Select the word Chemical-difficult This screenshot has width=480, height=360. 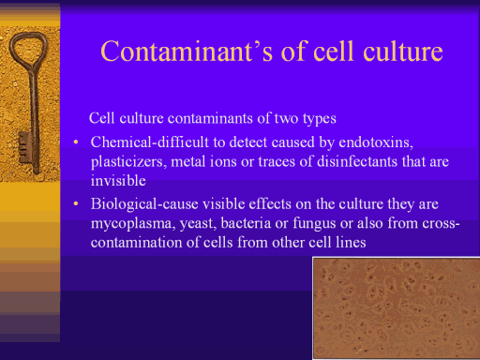(x=150, y=142)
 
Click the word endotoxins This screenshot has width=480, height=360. (x=376, y=142)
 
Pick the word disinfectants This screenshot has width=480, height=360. (x=357, y=161)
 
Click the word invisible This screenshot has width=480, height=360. (x=118, y=181)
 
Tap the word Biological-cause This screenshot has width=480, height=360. (x=144, y=204)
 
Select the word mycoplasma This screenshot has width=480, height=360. (x=133, y=224)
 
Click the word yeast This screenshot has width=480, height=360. (x=198, y=224)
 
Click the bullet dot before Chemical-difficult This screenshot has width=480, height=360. (x=76, y=142)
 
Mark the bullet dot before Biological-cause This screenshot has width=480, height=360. (x=76, y=204)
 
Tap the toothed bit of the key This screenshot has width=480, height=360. (x=24, y=147)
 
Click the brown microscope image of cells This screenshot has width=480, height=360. (x=397, y=308)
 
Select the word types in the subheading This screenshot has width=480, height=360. (x=319, y=119)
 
